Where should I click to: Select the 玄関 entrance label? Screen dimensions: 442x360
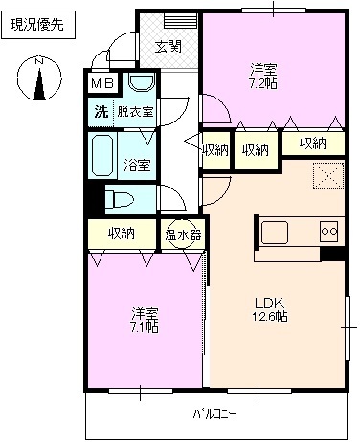[x=168, y=47]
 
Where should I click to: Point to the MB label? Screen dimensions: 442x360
[x=102, y=84]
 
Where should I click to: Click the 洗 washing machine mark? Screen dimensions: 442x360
[x=101, y=112]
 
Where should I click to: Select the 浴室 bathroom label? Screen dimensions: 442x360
[x=137, y=164]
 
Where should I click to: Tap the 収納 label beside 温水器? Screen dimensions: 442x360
[x=121, y=232]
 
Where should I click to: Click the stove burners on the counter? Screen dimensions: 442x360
[x=327, y=231]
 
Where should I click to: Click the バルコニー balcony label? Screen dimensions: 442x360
[x=214, y=413]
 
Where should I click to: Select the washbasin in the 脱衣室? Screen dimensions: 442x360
[x=142, y=84]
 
